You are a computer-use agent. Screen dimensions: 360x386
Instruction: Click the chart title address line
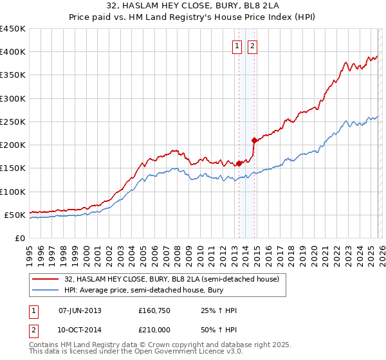pos(192,6)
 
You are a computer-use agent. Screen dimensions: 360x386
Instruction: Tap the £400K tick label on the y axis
pos(13,52)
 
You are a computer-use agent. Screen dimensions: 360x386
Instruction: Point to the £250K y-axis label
pos(13,122)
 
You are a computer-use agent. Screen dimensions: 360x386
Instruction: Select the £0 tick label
pos(20,238)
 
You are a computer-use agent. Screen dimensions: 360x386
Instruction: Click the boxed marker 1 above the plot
pos(237,46)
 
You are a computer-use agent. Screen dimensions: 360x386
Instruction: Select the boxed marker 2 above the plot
pos(252,46)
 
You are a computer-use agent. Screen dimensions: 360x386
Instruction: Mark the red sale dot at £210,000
pos(254,140)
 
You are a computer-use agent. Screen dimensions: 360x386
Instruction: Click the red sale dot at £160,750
pos(239,163)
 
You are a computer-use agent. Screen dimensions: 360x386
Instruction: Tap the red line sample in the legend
pos(44,279)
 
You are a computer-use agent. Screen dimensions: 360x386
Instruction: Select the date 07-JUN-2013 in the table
pos(80,310)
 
